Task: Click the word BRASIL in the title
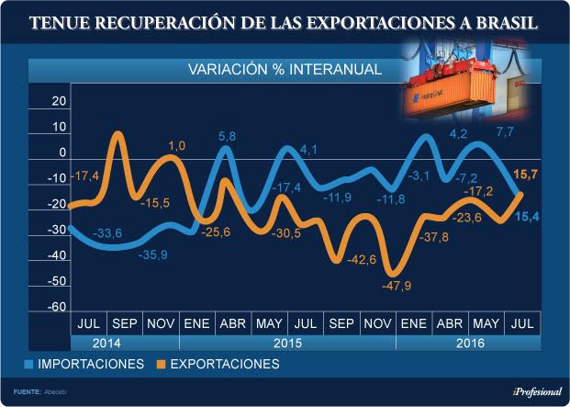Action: pos(506,22)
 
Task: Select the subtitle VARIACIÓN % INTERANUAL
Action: pos(285,70)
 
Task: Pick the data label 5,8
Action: pos(227,137)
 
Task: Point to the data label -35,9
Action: pos(152,255)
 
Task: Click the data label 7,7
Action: pos(504,132)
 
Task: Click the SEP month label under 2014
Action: pos(125,323)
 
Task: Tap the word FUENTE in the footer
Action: pos(26,391)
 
